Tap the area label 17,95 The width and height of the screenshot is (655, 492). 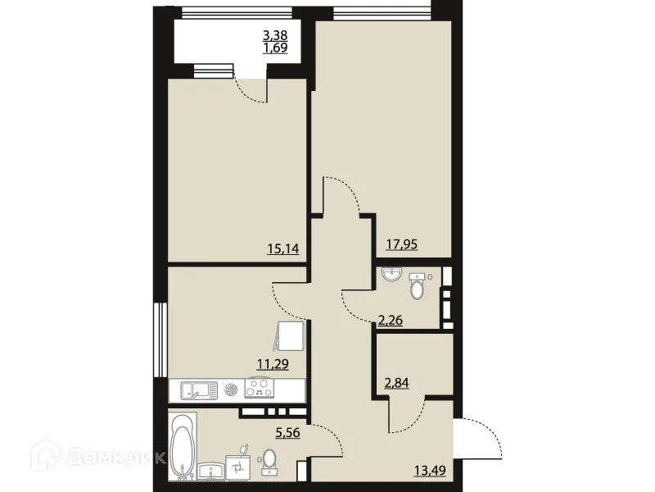pos(402,243)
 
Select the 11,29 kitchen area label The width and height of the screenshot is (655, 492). pos(273,366)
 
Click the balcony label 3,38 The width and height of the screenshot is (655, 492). pos(275,35)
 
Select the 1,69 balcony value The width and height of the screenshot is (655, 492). pos(275,48)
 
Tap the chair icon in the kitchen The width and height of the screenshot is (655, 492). pos(291,336)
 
